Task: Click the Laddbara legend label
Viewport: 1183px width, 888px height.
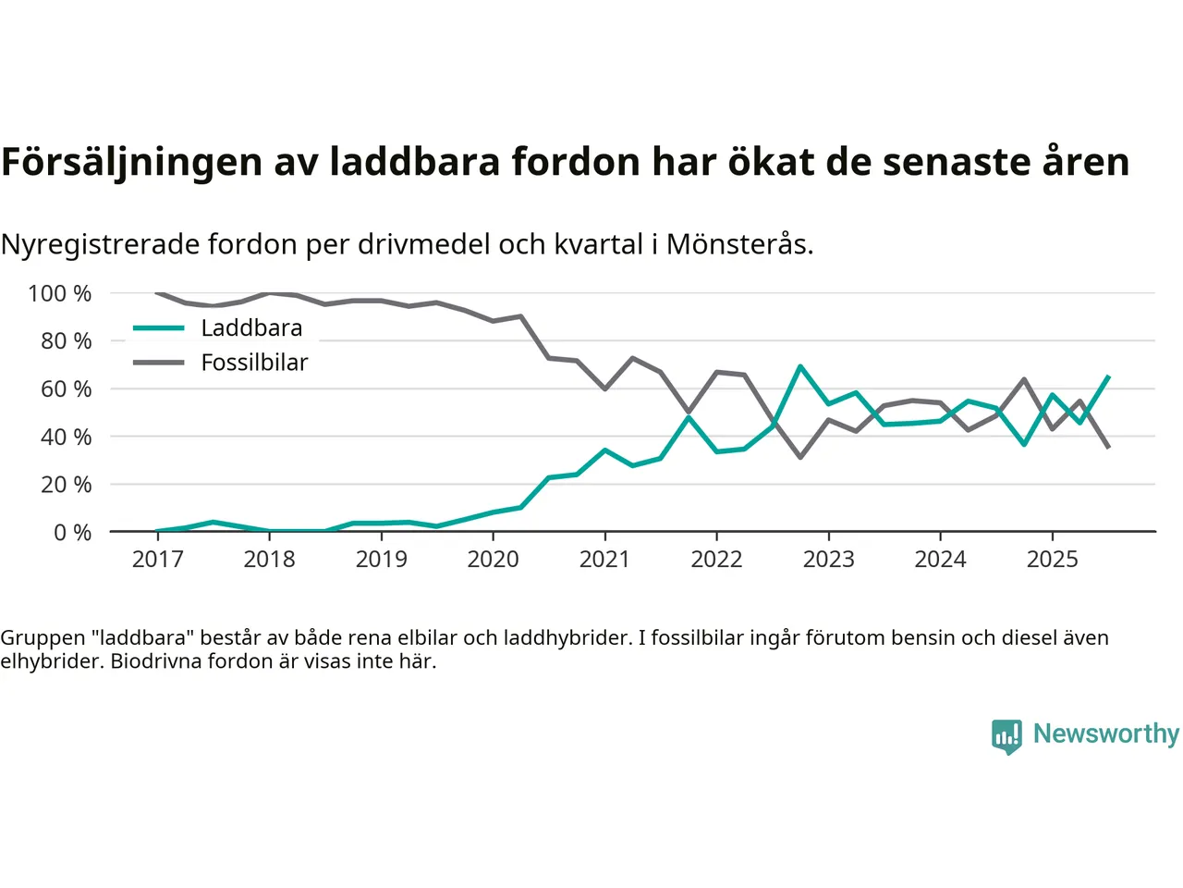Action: point(251,328)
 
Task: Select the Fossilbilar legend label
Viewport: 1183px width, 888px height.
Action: point(254,363)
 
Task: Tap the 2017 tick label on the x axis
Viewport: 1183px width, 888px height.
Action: point(157,560)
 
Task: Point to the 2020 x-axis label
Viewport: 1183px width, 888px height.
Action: point(493,560)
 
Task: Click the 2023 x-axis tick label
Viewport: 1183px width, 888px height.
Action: point(828,560)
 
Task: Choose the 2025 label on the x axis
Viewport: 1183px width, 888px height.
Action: point(1052,560)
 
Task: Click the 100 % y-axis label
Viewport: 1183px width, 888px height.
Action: point(60,294)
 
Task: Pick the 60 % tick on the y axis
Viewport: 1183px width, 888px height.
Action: point(66,389)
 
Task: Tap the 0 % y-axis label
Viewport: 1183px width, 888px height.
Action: point(72,533)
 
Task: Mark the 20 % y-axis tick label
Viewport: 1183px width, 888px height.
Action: point(66,485)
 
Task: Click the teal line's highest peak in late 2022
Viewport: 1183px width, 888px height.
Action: point(800,366)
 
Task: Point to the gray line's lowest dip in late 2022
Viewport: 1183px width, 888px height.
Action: point(800,457)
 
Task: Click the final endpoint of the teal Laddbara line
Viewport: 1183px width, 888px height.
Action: point(1108,376)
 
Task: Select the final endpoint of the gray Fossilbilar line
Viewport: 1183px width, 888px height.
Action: point(1108,448)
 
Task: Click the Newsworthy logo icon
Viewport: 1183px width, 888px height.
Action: point(1006,736)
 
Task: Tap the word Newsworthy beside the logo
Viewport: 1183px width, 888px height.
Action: point(1105,734)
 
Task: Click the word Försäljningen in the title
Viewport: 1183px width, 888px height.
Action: point(131,163)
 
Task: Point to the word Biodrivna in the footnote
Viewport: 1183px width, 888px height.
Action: point(152,661)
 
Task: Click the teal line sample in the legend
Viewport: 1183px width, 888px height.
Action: point(159,328)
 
